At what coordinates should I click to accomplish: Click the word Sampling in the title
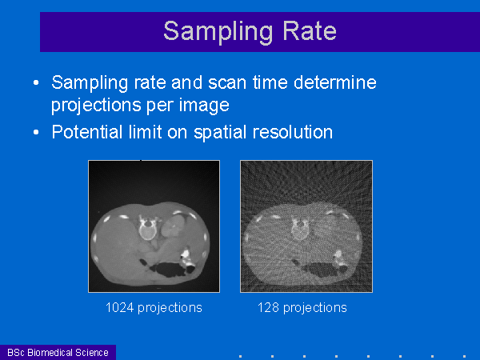[218, 32]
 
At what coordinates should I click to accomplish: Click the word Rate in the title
[309, 30]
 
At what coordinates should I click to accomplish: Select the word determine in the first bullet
[335, 82]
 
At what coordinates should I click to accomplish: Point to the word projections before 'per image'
[97, 106]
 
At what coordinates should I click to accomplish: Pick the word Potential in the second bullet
[87, 132]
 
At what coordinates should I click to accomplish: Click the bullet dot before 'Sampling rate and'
[36, 82]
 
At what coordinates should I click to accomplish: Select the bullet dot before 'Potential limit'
[36, 132]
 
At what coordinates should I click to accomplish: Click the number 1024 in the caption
[119, 307]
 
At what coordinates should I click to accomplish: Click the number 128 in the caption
[268, 307]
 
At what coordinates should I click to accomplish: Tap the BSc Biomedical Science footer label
[58, 352]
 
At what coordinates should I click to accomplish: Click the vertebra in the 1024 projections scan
[147, 229]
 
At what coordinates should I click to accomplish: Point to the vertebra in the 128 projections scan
[300, 229]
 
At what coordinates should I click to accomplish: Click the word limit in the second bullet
[145, 132]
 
